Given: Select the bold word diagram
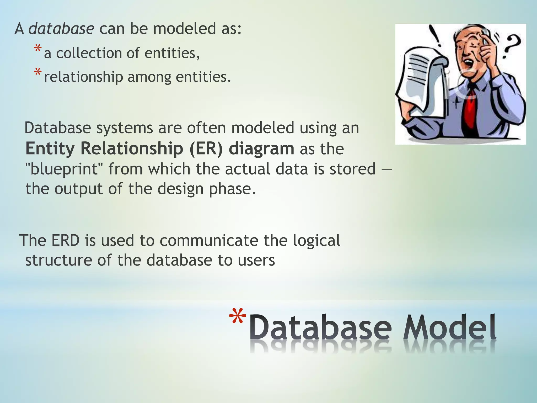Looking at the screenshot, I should click(x=261, y=149).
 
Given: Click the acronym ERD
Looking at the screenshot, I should click(x=65, y=240).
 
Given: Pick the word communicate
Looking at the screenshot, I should click(x=209, y=240).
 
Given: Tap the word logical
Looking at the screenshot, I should click(x=316, y=241).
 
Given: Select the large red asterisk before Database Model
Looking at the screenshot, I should click(x=238, y=317).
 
